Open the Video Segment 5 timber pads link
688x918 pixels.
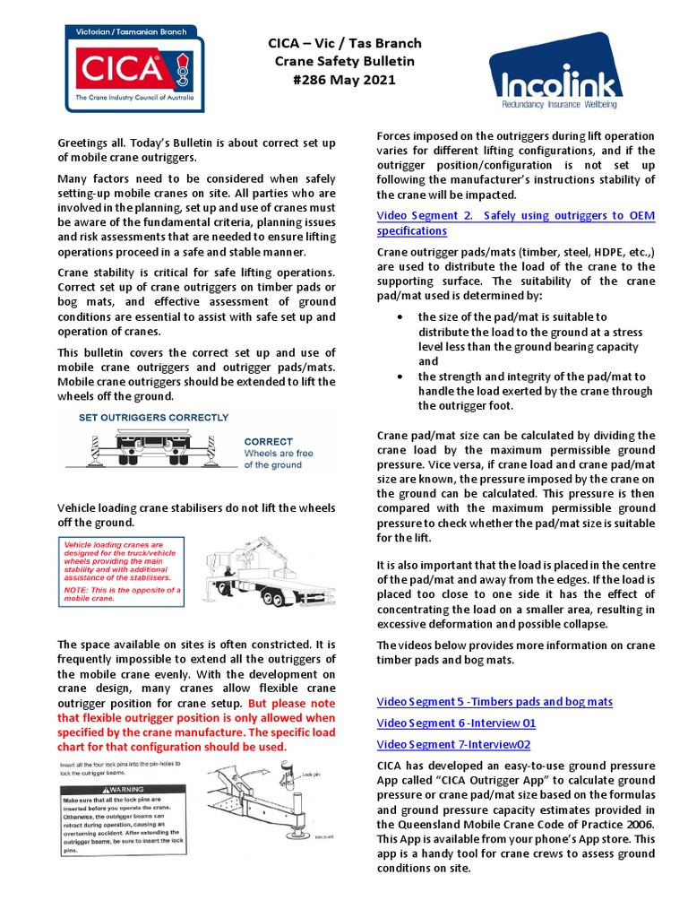point(494,701)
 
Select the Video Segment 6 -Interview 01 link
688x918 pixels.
point(456,723)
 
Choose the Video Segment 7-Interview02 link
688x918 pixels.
point(454,744)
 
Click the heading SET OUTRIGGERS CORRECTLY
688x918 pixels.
point(153,418)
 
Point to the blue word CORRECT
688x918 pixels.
point(268,442)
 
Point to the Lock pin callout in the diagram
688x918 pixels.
point(311,773)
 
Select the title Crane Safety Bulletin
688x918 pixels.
point(332,62)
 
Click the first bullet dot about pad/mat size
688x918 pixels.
point(398,317)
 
